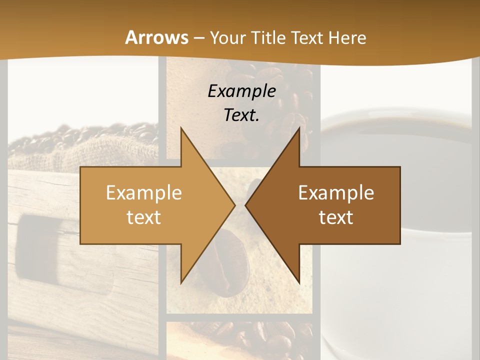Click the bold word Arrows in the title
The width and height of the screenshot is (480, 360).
pos(157,37)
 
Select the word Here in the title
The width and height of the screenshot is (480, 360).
pos(347,37)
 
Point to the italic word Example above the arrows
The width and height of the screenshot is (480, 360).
pos(241,91)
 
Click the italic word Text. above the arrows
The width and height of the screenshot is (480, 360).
pos(241,115)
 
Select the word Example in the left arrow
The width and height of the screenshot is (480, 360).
pos(144,192)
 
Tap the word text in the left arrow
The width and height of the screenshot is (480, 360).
pos(144,217)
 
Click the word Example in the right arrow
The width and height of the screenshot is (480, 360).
pos(336,192)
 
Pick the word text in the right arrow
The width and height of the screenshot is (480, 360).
pos(336,217)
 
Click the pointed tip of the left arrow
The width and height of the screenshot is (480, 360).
pos(234,205)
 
